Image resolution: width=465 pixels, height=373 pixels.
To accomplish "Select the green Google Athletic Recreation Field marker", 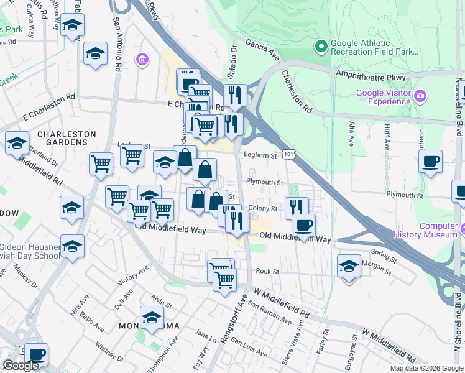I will [321, 45].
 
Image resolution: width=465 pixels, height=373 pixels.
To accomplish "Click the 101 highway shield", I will [287, 153].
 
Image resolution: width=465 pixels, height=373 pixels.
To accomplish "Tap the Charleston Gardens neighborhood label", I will [67, 138].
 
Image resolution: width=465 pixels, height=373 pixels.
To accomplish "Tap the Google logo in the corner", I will [21, 366].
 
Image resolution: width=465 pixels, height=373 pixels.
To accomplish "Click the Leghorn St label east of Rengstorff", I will [260, 156].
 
